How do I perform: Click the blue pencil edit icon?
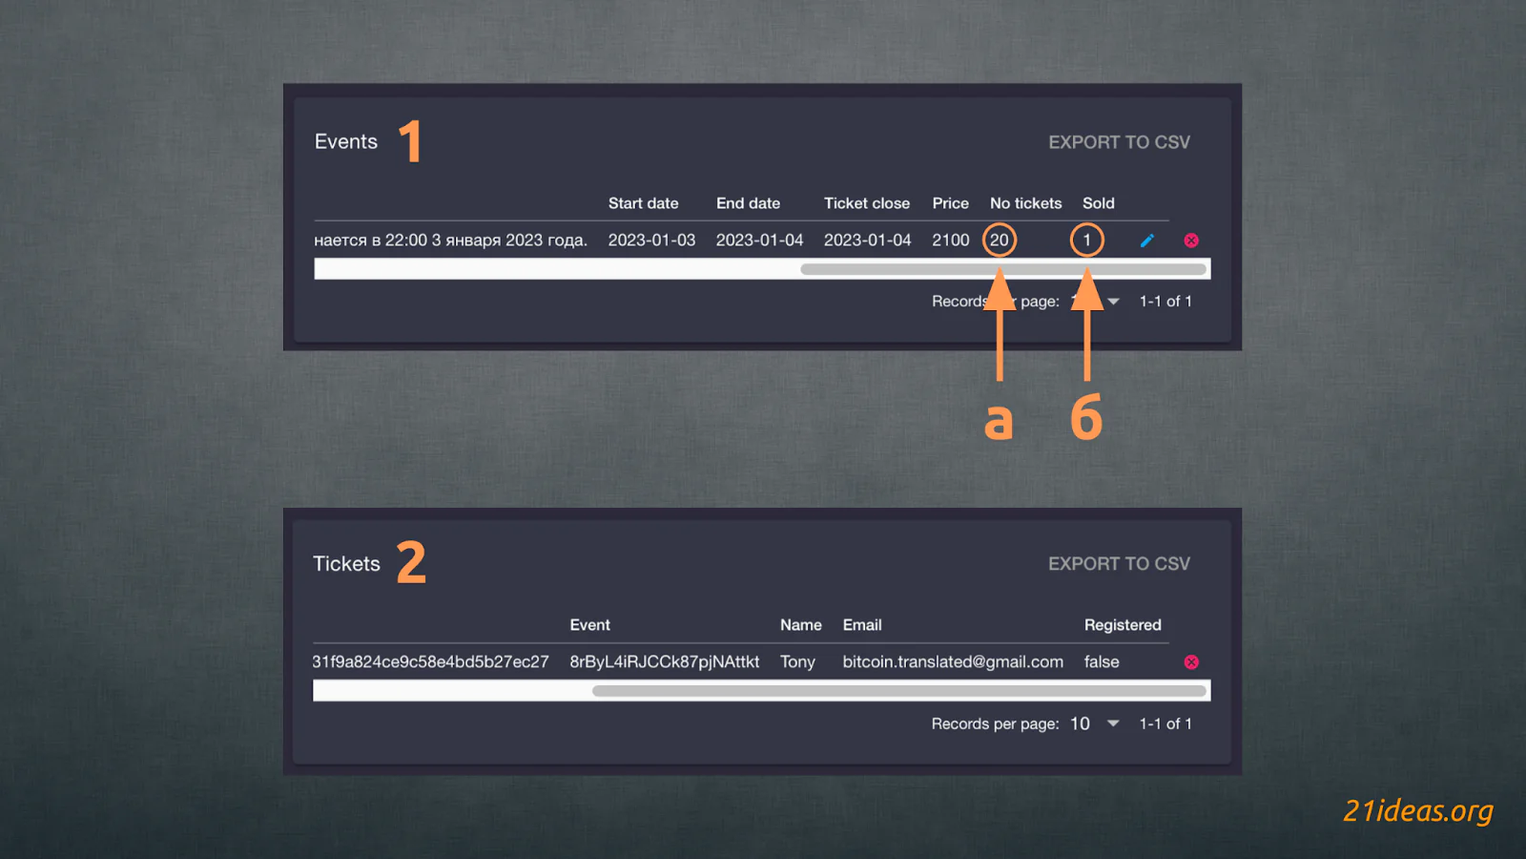tap(1147, 240)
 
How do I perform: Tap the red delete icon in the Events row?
tap(1191, 240)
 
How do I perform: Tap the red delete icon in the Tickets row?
tap(1191, 662)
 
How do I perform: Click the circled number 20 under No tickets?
tap(1000, 240)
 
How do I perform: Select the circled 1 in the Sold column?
tap(1086, 240)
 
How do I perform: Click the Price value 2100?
tap(950, 240)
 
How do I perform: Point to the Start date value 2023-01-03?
tap(652, 240)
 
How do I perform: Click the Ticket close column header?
tap(867, 203)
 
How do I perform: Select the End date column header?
tap(748, 203)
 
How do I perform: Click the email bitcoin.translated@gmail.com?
tap(953, 662)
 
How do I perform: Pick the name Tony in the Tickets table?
tap(797, 662)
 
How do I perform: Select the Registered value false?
tap(1102, 662)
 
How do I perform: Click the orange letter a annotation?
tap(999, 421)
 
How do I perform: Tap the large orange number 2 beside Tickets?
tap(411, 562)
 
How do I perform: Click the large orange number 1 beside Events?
tap(410, 141)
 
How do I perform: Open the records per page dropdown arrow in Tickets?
tap(1113, 723)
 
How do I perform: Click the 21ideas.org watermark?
tap(1418, 810)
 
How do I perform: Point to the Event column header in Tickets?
tap(590, 625)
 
